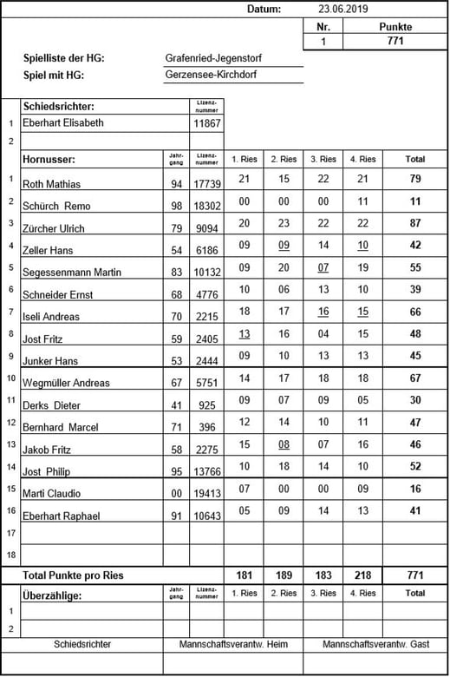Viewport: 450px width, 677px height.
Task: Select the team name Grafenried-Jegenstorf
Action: (213, 58)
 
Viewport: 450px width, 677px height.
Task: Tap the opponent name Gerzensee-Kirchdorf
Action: (211, 75)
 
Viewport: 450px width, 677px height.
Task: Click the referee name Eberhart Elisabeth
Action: (63, 123)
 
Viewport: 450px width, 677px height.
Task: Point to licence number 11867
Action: (206, 124)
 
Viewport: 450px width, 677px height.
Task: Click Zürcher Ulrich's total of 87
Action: (415, 224)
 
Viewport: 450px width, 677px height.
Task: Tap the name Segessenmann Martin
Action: (72, 273)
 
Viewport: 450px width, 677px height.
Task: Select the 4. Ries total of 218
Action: (362, 575)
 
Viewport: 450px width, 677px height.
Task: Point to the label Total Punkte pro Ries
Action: (73, 575)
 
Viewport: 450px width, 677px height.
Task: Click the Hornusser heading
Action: (49, 160)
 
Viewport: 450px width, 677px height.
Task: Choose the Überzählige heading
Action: (53, 595)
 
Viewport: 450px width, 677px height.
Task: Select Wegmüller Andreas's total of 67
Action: (415, 378)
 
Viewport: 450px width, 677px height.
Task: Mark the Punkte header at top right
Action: (395, 27)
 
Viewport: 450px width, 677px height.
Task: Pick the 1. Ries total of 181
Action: (244, 575)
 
